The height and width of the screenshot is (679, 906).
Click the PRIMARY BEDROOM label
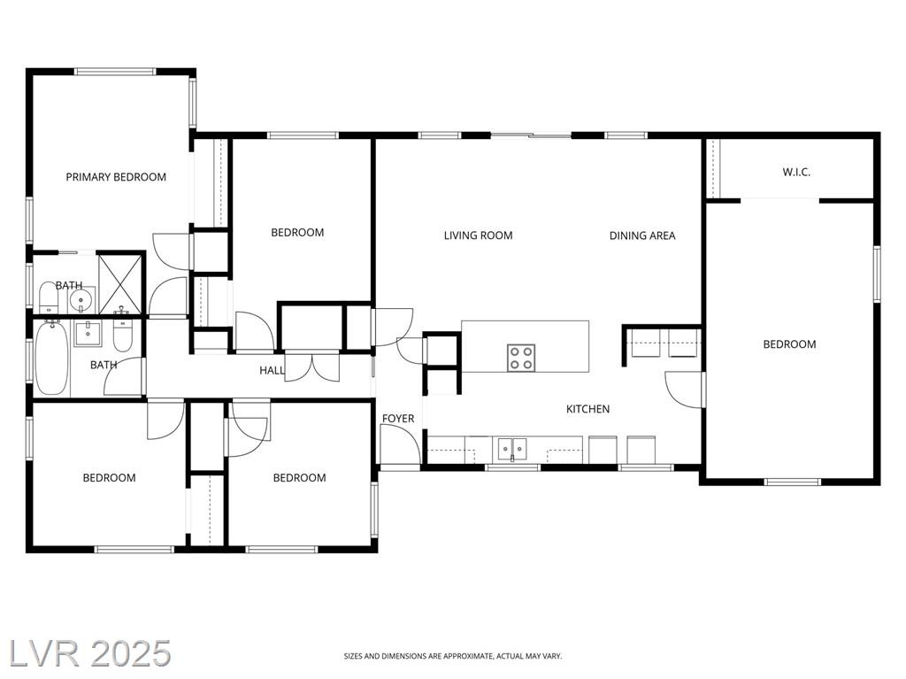tap(116, 177)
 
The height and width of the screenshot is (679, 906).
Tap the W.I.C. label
tap(796, 172)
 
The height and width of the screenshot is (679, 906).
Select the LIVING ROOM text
tap(478, 235)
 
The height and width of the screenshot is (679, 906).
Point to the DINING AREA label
tap(642, 235)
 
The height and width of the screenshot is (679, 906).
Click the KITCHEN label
tap(587, 409)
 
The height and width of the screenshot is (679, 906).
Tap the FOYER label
tap(398, 418)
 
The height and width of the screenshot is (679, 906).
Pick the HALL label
tap(272, 370)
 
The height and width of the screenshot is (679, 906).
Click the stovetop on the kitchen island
tap(520, 358)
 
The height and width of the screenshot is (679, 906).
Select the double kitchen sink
tap(512, 448)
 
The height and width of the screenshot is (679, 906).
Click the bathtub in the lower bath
tap(52, 359)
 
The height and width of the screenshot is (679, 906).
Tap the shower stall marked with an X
tap(120, 282)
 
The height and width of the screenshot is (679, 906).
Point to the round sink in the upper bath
tap(80, 300)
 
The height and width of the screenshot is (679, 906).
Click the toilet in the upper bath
tap(48, 297)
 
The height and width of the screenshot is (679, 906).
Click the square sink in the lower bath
tap(88, 334)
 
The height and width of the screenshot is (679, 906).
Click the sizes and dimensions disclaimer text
tap(452, 656)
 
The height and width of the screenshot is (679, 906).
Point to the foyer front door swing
tap(400, 443)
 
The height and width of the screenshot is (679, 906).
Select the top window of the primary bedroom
tap(116, 72)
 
